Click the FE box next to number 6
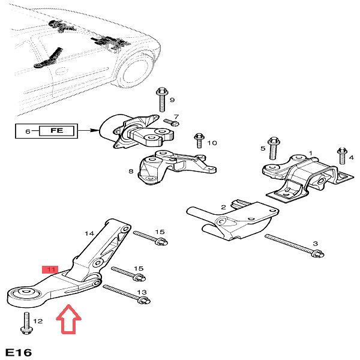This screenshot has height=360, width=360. (x=56, y=130)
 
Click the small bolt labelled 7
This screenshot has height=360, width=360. (x=167, y=122)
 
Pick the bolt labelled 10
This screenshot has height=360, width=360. (x=199, y=142)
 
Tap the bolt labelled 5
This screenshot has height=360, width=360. (x=272, y=148)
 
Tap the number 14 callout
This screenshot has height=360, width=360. (x=89, y=233)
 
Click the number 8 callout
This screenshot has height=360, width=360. (x=130, y=172)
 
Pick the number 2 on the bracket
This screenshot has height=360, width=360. (x=223, y=208)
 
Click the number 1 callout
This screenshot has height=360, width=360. (x=310, y=154)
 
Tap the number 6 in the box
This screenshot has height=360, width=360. (x=26, y=130)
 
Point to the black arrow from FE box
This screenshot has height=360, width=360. (x=89, y=130)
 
